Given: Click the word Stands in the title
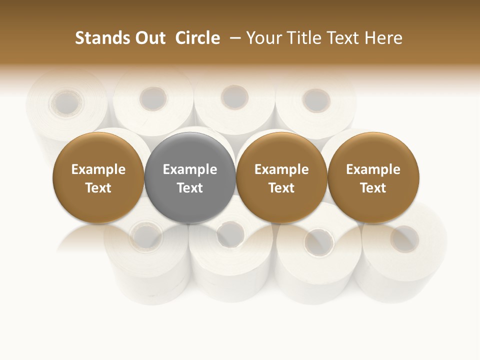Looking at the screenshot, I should pos(102,38).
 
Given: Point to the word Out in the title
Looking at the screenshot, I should pos(149,38).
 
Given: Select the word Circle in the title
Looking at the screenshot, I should pos(197,38).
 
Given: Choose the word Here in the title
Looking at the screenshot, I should pos(383,38).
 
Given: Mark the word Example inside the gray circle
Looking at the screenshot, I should pos(190,169).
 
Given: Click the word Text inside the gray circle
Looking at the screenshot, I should pos(190,188).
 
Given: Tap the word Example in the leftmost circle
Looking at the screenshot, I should pos(98,169).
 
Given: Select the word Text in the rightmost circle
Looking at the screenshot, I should pos(373,188).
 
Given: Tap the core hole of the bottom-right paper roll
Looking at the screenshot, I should pos(404,238).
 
